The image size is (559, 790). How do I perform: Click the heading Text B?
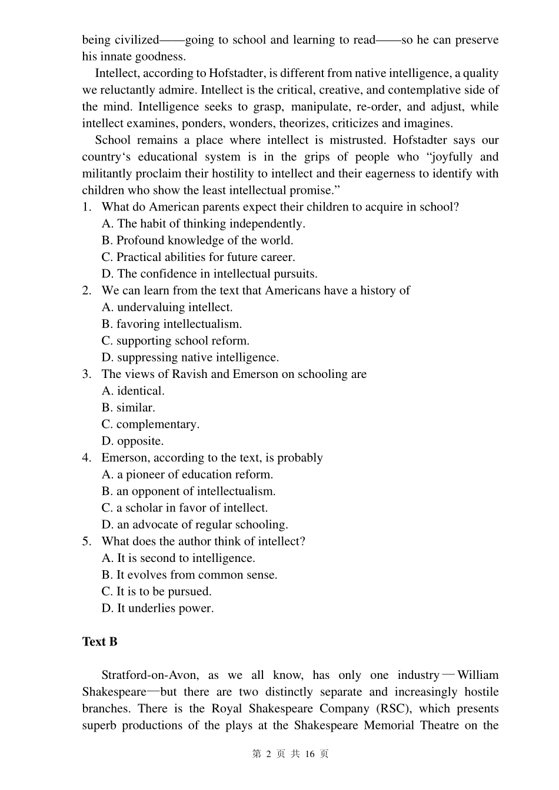coord(99,642)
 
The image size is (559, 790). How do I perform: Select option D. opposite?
coord(132,441)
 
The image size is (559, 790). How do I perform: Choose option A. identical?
coord(133,391)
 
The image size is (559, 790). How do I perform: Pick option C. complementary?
coord(150,424)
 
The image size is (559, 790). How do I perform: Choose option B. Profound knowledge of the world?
coord(197,240)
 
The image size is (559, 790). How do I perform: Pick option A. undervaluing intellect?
coord(167,307)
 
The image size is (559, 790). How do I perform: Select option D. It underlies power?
coord(158,608)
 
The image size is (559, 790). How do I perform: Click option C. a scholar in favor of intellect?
coord(184,508)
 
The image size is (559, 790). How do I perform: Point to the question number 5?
coord(86,541)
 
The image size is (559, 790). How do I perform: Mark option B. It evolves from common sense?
coord(189,575)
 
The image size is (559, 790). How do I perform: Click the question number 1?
coord(86,207)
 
